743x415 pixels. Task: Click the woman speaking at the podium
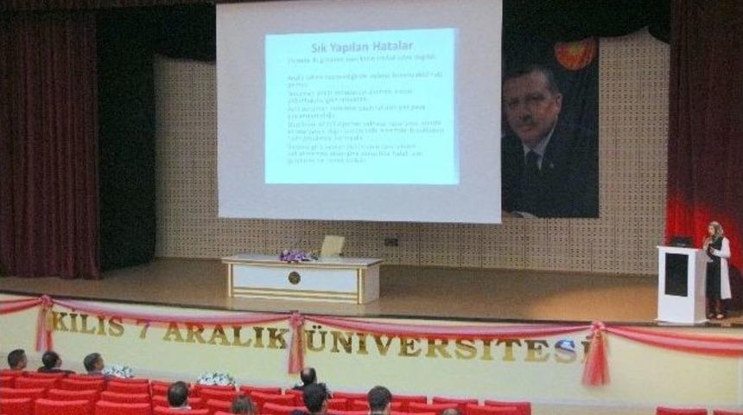(x=716, y=269)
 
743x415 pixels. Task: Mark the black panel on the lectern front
(x=676, y=275)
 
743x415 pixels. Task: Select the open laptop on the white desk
(x=331, y=246)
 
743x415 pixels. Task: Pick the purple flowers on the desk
(x=295, y=255)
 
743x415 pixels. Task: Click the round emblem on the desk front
(x=294, y=278)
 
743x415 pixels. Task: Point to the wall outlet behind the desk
(x=391, y=242)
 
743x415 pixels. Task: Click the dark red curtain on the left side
(x=48, y=147)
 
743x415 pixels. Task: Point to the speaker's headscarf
(x=716, y=231)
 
